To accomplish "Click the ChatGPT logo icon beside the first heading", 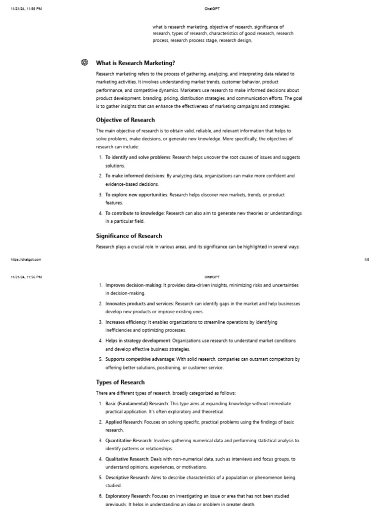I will click(x=85, y=62).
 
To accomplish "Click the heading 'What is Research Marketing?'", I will click(x=135, y=63).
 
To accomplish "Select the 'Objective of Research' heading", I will click(x=125, y=120).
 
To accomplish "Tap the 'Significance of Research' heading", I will click(x=129, y=236).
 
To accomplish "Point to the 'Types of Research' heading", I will click(x=120, y=382).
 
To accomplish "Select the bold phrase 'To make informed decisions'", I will click(x=135, y=175).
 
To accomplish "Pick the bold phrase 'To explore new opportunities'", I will click(x=136, y=195).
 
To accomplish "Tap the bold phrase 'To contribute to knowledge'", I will click(x=134, y=213).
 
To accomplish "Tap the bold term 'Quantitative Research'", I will click(x=128, y=440).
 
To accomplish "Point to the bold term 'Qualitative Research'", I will click(x=127, y=459).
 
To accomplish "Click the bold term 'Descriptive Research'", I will click(x=127, y=477).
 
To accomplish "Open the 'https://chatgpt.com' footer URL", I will click(x=26, y=259).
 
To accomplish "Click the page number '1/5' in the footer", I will click(x=367, y=259).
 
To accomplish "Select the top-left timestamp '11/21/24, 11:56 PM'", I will click(x=26, y=8).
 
